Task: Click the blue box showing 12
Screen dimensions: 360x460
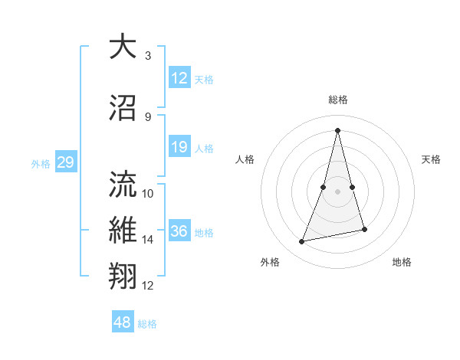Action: tap(179, 79)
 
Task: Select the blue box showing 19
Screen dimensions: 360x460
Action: tap(179, 148)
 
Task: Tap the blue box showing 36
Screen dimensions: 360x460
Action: tap(179, 232)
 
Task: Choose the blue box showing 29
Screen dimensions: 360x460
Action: tap(65, 163)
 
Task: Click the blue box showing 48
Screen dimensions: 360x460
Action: tap(122, 323)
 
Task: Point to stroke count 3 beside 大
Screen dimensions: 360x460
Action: tap(147, 56)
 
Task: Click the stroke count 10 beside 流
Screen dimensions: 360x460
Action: tap(148, 194)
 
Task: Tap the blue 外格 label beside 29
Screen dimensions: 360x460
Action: tap(41, 164)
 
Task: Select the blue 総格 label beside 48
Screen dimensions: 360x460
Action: tap(147, 324)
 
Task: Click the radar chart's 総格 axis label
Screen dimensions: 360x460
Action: tap(337, 100)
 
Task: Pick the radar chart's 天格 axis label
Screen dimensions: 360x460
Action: tap(432, 159)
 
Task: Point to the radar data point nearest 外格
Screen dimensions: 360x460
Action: tap(302, 242)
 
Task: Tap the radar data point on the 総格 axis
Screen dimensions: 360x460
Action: tap(337, 129)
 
